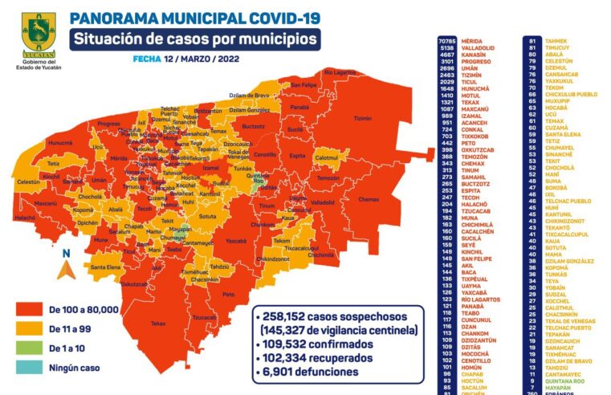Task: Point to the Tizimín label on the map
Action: [363, 118]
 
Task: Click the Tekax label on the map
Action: [157, 324]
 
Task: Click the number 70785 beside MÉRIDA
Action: [446, 39]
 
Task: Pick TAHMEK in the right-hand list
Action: [556, 39]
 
